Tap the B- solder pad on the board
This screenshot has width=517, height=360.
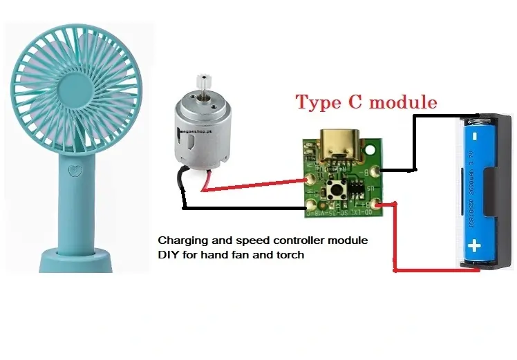[376, 171]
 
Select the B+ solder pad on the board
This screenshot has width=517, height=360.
[376, 205]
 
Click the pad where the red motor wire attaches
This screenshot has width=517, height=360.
[310, 178]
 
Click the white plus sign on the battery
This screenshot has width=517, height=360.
[475, 245]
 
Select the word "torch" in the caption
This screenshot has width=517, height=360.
[289, 255]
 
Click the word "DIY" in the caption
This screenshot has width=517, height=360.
[169, 255]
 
